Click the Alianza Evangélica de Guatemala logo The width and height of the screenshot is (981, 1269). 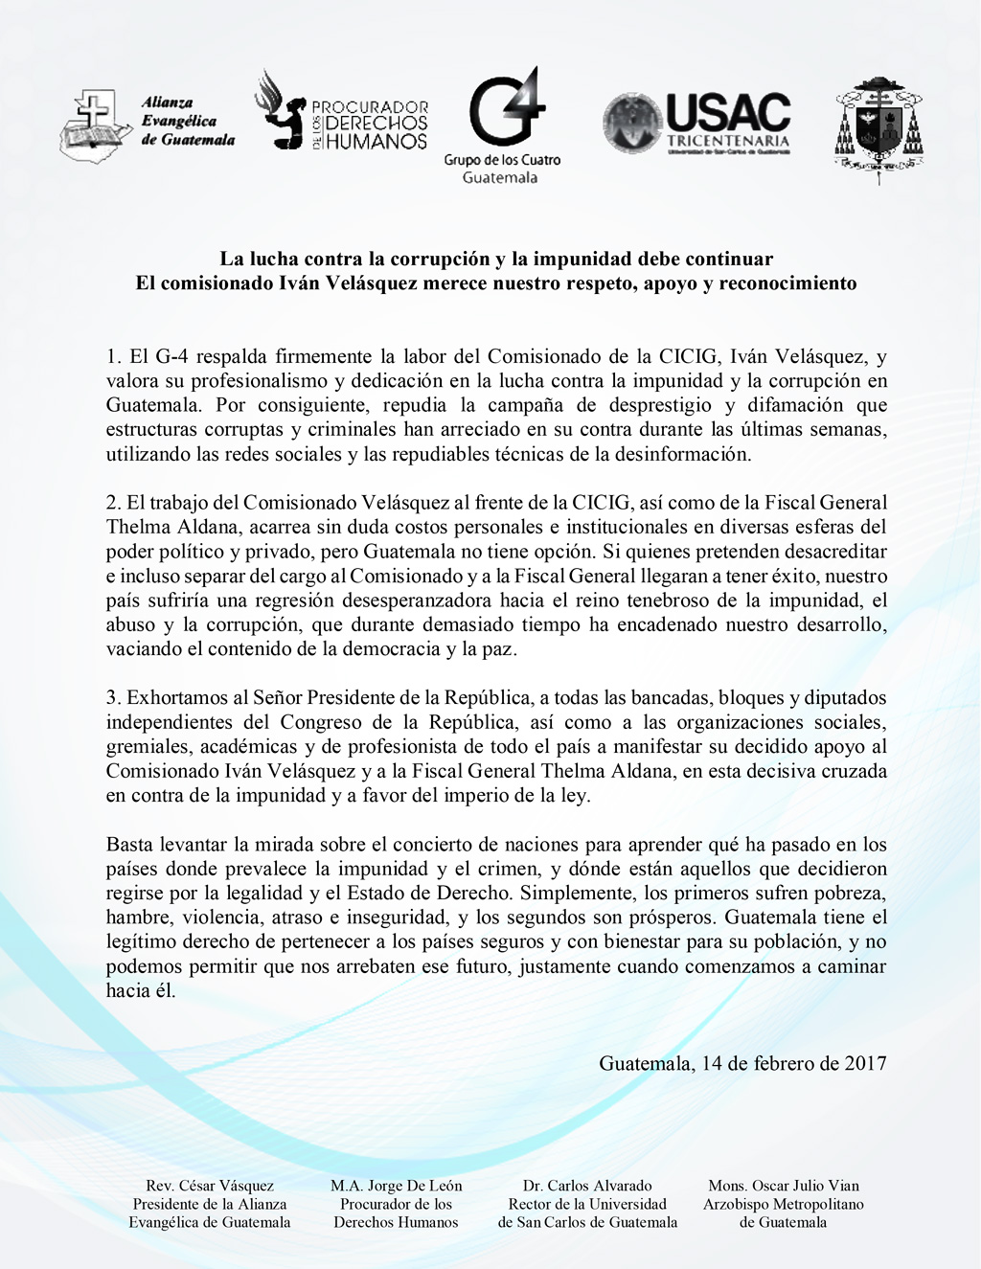pos(147,125)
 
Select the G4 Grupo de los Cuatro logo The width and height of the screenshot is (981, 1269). pos(503,125)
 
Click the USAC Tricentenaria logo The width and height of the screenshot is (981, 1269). pos(697,124)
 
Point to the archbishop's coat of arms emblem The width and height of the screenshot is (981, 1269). pos(878,128)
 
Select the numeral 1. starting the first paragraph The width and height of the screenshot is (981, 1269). pos(114,357)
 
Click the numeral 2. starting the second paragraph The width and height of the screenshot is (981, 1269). pos(114,503)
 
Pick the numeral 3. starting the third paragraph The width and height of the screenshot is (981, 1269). pos(114,698)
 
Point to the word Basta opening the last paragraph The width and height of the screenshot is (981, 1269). pos(128,845)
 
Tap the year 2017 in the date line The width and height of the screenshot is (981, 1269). pos(865,1063)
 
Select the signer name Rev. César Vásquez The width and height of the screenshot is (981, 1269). pos(210,1186)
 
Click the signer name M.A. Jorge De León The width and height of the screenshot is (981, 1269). pos(396,1186)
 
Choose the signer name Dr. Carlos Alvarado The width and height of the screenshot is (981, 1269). pos(587,1186)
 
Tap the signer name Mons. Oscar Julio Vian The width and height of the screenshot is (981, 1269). pos(784,1186)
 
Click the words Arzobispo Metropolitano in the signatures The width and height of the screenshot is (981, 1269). pos(784,1204)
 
